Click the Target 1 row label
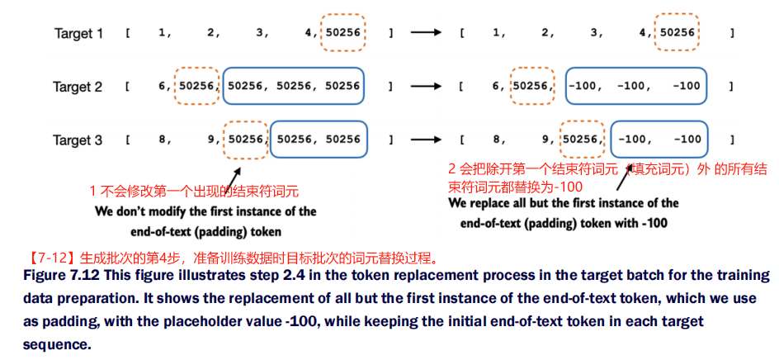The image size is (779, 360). (x=79, y=34)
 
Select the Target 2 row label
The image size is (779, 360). (x=78, y=87)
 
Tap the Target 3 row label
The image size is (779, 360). (x=78, y=140)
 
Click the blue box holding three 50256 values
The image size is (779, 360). (x=293, y=86)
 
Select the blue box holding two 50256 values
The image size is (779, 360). (x=319, y=140)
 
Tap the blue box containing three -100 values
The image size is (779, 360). (x=635, y=86)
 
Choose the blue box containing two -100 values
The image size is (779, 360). (x=659, y=140)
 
